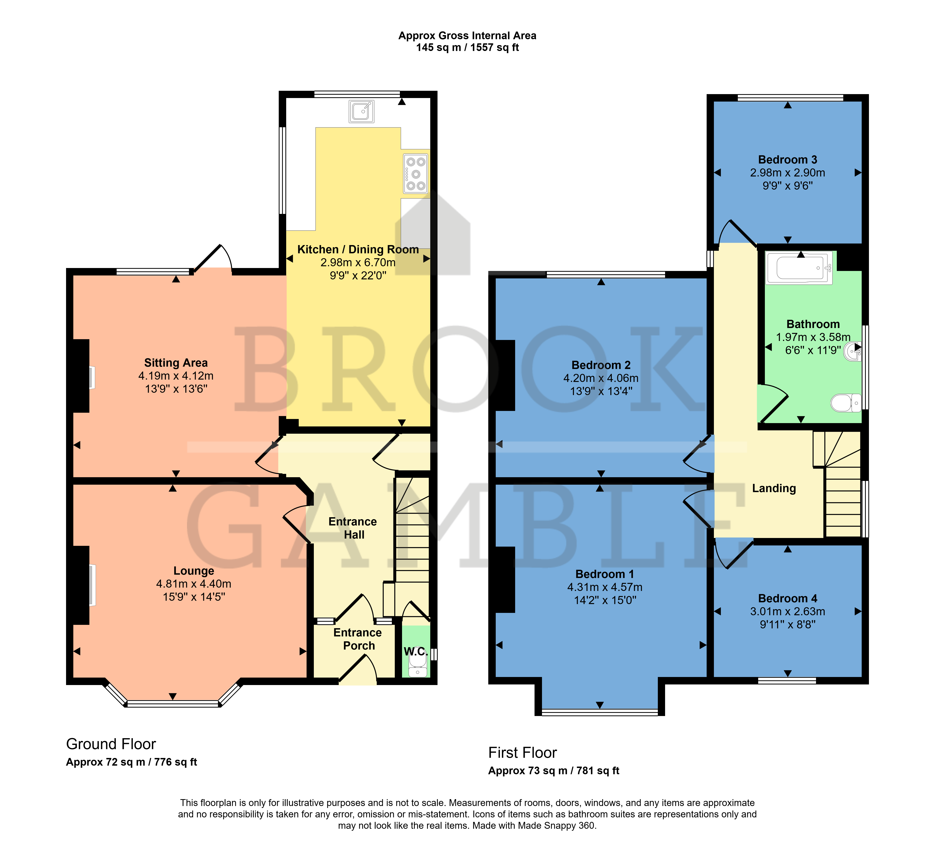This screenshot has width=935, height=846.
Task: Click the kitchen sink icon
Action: point(361,111)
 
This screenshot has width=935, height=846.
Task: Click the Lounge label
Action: point(194,571)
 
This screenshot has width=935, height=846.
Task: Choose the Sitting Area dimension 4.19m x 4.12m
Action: point(176,376)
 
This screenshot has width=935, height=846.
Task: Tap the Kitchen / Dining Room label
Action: point(358,250)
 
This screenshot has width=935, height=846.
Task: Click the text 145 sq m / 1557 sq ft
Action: point(467,47)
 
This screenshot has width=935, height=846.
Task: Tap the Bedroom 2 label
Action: point(601,365)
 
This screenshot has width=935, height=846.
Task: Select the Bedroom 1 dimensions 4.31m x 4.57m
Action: point(605,587)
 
